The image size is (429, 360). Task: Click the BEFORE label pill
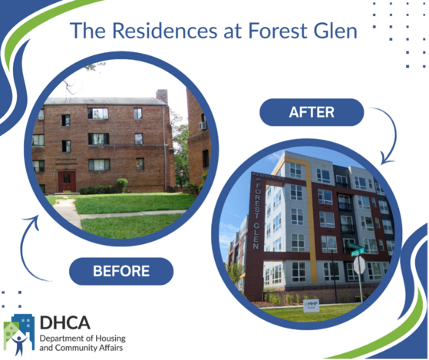click(x=121, y=270)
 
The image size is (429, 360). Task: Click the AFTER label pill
click(x=312, y=112)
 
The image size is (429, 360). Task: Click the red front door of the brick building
click(x=67, y=181)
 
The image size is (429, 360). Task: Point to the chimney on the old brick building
click(x=161, y=97)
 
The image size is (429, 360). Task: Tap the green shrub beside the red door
click(x=120, y=184)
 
